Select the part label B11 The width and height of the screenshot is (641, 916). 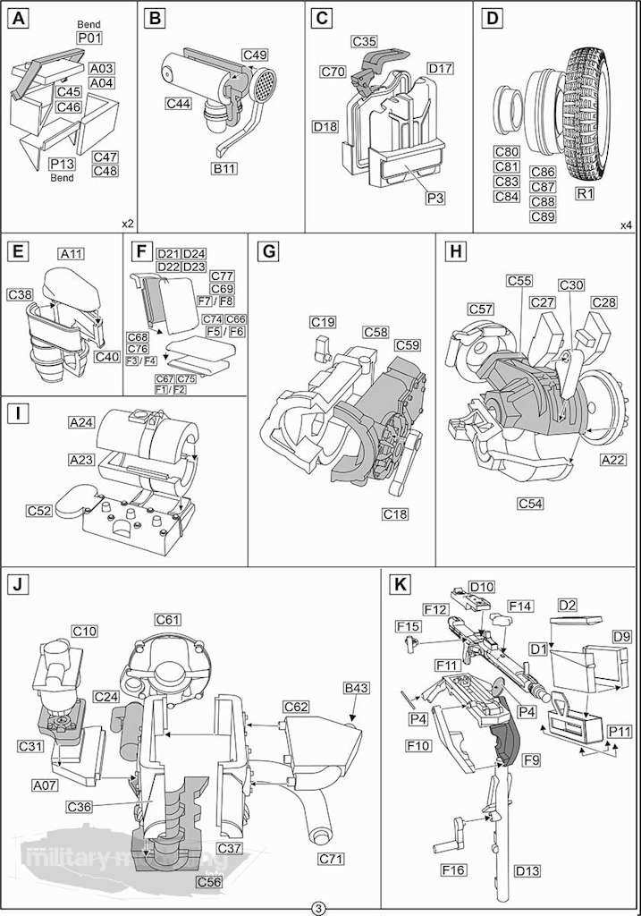point(224,167)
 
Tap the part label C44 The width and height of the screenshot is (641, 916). point(177,104)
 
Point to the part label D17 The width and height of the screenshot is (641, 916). point(440,69)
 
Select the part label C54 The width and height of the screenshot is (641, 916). point(531,504)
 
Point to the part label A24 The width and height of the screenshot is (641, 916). point(82,421)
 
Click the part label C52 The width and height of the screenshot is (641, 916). point(39,510)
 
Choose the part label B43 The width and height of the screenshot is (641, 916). point(357,688)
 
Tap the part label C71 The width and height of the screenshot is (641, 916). point(332,859)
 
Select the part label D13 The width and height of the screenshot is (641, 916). point(527,869)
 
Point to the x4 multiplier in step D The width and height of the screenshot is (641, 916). point(626,224)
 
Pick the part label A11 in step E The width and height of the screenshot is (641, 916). point(72,254)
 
